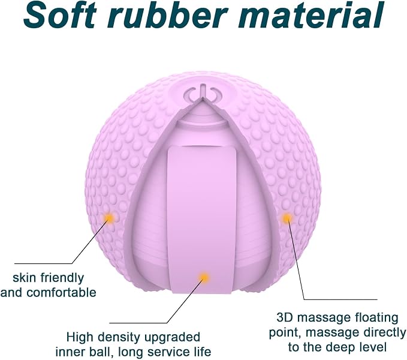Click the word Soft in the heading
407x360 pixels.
(x=59, y=16)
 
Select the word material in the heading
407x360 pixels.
(x=310, y=16)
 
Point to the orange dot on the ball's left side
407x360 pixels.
(x=109, y=217)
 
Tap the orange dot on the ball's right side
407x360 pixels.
(x=287, y=218)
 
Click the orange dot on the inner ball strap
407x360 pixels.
(x=204, y=277)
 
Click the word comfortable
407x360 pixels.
(x=62, y=292)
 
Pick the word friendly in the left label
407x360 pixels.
(x=62, y=278)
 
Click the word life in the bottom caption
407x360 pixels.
(x=201, y=352)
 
